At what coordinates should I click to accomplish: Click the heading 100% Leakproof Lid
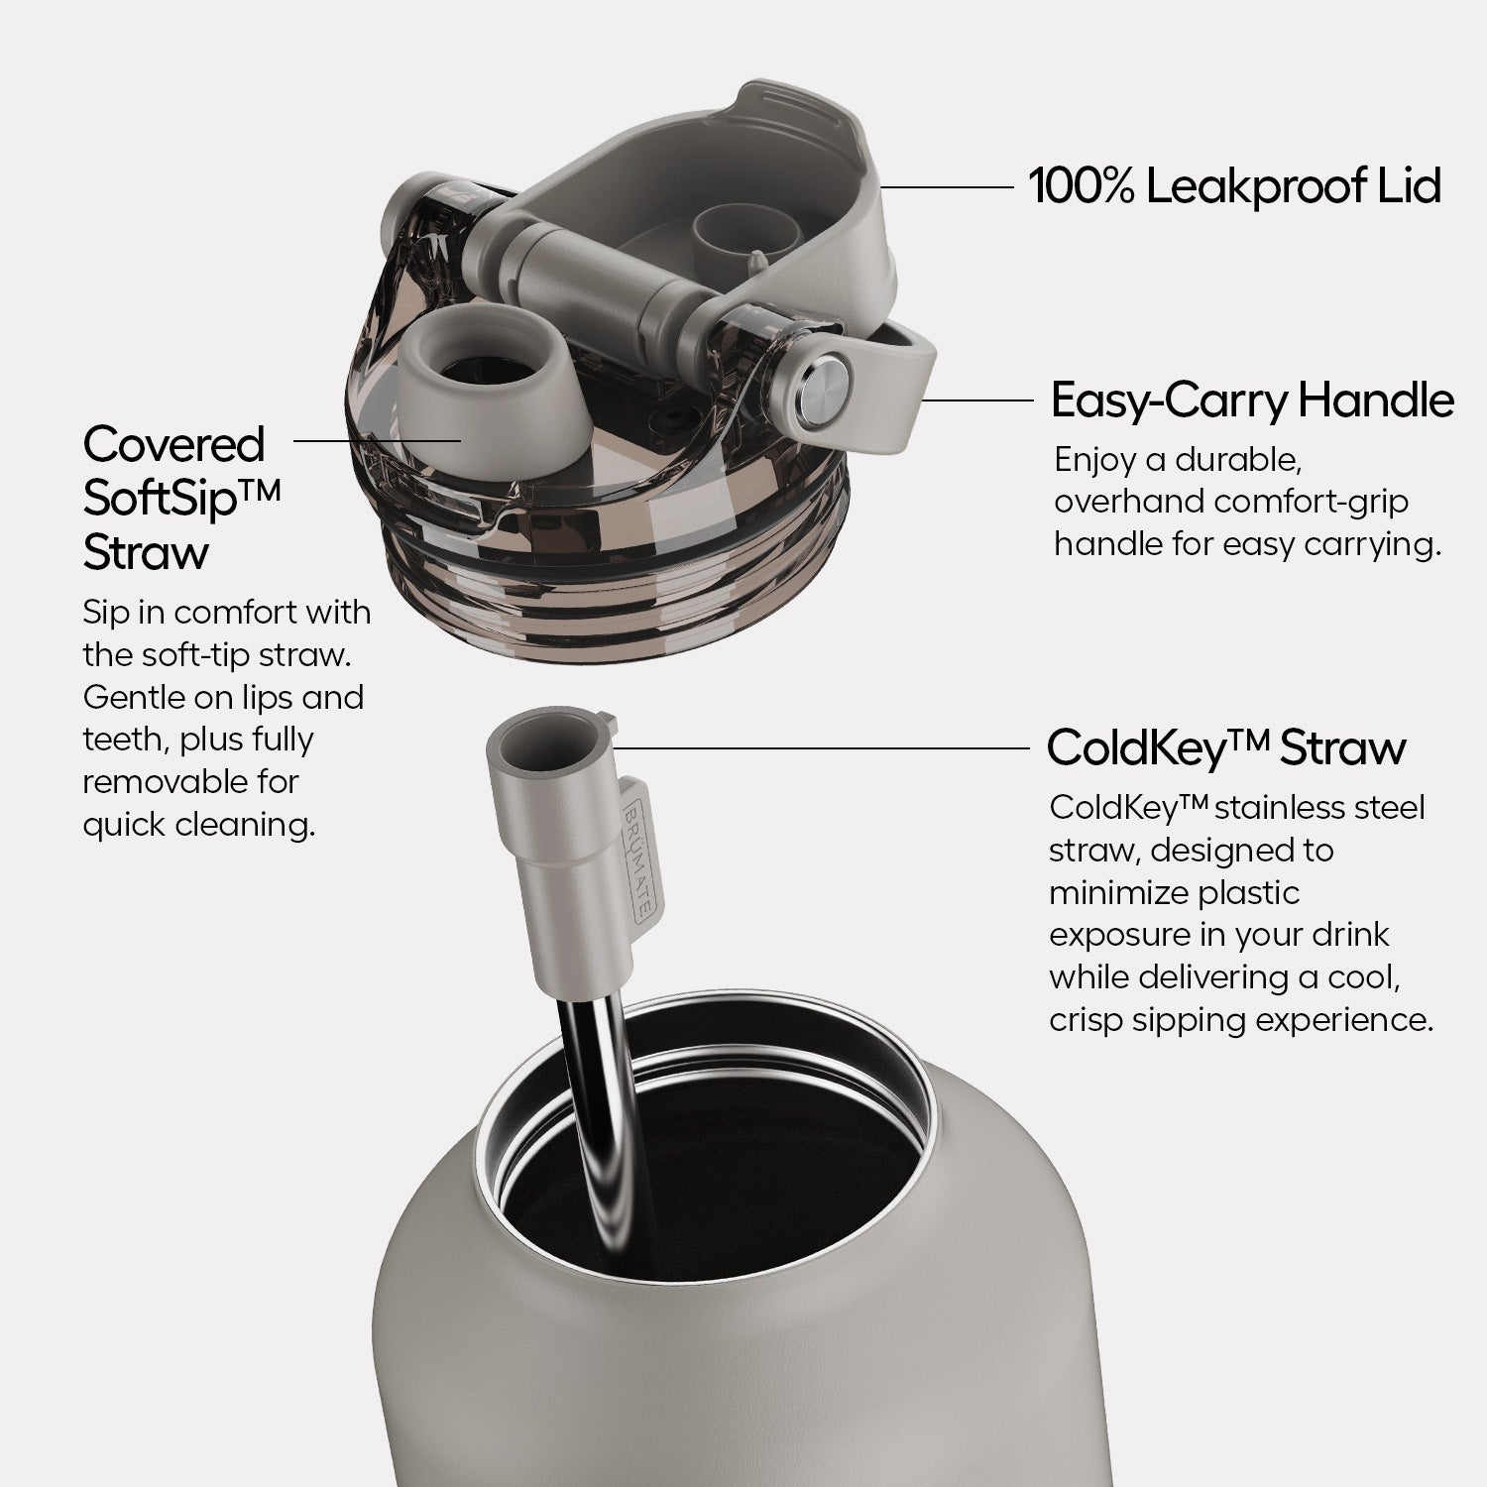coord(1234,186)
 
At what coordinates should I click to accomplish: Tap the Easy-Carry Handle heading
coord(1252,400)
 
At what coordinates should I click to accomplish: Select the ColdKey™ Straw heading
coord(1226,747)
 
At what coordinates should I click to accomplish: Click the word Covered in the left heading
coord(174,444)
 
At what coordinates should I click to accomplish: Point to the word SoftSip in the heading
coord(160,498)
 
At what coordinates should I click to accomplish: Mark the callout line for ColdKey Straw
coord(822,747)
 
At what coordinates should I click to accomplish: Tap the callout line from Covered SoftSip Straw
coord(378,438)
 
